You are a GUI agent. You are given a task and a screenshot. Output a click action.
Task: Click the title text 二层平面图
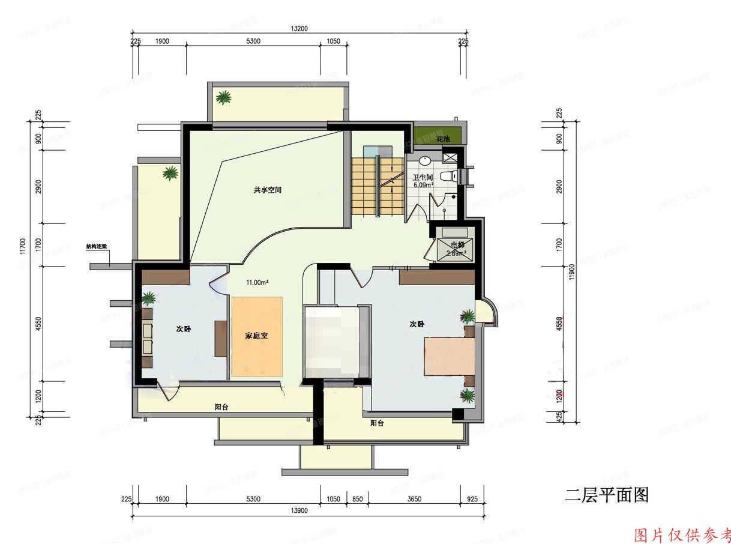tap(607, 495)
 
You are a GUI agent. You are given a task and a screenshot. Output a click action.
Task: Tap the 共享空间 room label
tap(268, 190)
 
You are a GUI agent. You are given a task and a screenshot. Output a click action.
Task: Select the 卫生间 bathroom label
tap(423, 178)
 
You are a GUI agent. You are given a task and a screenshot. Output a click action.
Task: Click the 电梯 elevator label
tap(457, 244)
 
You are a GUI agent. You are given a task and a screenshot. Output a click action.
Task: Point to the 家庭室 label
tap(256, 336)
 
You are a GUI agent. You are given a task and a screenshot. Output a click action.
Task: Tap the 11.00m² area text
tap(257, 282)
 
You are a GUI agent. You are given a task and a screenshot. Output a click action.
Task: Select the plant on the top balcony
tap(224, 97)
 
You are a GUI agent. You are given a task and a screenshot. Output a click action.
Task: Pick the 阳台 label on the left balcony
tap(221, 406)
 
